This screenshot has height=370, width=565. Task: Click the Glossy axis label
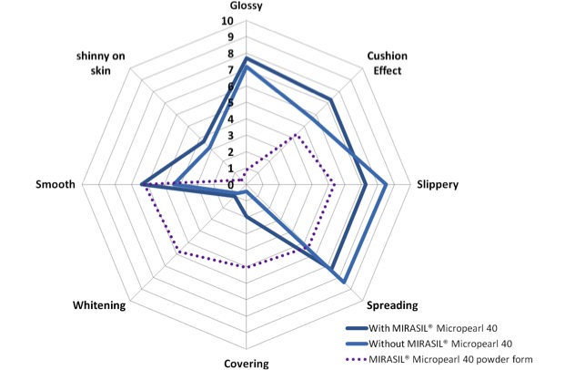(246, 6)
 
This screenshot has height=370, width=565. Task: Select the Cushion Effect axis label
(387, 62)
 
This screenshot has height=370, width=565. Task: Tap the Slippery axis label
(438, 184)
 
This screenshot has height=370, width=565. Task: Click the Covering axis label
(246, 363)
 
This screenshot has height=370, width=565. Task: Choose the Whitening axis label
(98, 304)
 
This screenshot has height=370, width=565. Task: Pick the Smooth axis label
(55, 184)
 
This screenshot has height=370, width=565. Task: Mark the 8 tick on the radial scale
(231, 54)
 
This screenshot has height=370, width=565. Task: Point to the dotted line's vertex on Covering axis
(246, 266)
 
